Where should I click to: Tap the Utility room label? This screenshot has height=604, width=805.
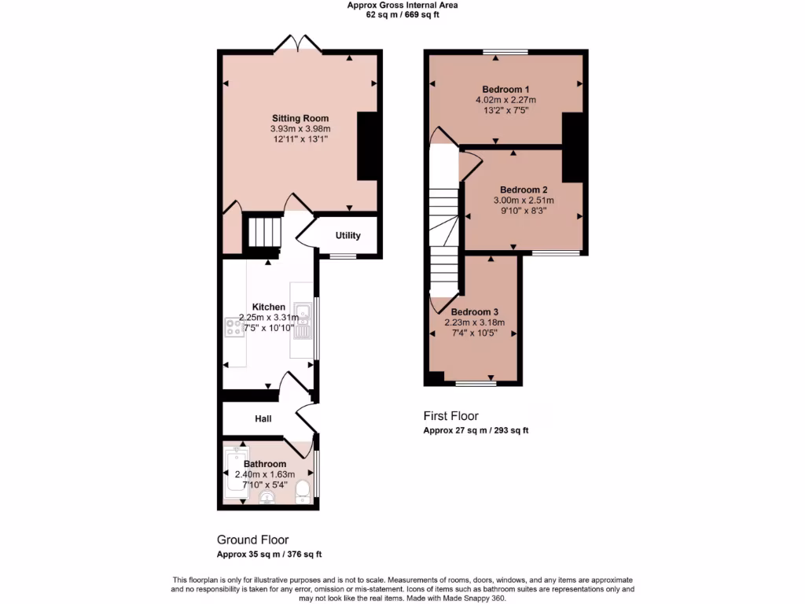pos(347,235)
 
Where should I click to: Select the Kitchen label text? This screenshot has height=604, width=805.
pos(268,307)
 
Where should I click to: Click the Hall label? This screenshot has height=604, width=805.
pos(263,419)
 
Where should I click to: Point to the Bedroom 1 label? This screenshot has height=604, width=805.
pos(505,89)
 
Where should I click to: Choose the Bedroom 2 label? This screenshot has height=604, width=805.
pos(524,190)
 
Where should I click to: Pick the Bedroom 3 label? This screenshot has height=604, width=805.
pos(474,311)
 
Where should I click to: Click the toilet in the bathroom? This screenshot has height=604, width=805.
pos(303,492)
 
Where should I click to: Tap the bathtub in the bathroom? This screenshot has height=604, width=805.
pos(235,476)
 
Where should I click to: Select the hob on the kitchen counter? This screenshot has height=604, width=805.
pos(234,327)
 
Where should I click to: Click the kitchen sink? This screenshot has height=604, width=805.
pos(302,315)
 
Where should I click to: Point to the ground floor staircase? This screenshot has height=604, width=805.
pos(265,232)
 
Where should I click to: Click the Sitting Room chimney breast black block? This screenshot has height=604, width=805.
pos(367,146)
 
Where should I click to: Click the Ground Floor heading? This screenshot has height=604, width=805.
pos(252,540)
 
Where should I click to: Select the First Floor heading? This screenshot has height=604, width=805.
pos(450,416)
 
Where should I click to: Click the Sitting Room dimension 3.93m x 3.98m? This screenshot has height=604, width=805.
pos(300,129)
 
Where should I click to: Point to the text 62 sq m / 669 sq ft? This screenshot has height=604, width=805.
pos(402,14)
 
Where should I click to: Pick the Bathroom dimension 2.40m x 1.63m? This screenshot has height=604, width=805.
pos(265,474)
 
